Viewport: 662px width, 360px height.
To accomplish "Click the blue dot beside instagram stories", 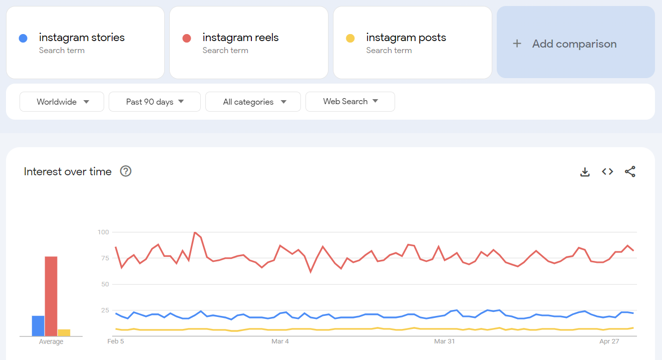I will pyautogui.click(x=23, y=38).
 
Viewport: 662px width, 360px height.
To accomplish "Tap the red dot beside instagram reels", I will pyautogui.click(x=187, y=38).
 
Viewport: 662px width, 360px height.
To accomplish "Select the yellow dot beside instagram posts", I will pyautogui.click(x=350, y=38).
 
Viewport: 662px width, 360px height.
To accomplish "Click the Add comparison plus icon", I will pyautogui.click(x=517, y=44).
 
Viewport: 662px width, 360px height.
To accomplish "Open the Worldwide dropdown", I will pyautogui.click(x=62, y=102).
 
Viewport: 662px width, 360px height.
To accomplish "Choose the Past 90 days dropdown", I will pyautogui.click(x=154, y=102).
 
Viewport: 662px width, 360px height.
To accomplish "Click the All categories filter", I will pyautogui.click(x=253, y=102).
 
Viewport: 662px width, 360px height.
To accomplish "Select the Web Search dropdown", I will pyautogui.click(x=350, y=102).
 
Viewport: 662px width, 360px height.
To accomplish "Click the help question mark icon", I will pyautogui.click(x=126, y=171).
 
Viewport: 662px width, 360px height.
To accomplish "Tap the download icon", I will pyautogui.click(x=584, y=172).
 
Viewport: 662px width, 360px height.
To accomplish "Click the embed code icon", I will pyautogui.click(x=607, y=172).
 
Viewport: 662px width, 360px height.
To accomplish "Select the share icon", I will pyautogui.click(x=630, y=172).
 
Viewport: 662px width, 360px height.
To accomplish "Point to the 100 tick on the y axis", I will pyautogui.click(x=103, y=232).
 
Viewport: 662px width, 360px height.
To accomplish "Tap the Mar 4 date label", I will pyautogui.click(x=280, y=341).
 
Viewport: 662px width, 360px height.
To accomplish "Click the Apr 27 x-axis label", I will pyautogui.click(x=609, y=341).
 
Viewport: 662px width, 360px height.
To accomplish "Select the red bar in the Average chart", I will pyautogui.click(x=51, y=296).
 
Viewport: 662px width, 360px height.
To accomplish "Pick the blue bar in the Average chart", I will pyautogui.click(x=38, y=325).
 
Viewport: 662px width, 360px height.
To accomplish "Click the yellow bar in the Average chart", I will pyautogui.click(x=64, y=332).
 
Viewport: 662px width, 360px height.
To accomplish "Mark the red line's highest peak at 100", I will pyautogui.click(x=195, y=232).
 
